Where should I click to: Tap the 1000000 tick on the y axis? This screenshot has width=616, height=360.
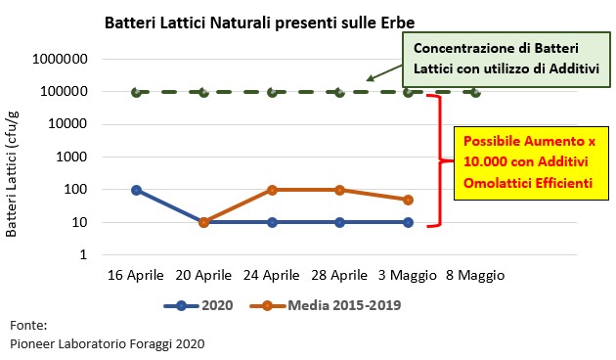63,59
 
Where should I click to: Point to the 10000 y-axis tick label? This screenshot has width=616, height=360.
69,124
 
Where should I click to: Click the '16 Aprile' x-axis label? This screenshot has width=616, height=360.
136,276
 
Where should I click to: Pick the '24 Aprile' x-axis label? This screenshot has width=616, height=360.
272,276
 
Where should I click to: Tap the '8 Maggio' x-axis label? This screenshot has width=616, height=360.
475,276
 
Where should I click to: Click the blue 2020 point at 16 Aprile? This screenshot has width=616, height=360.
136,190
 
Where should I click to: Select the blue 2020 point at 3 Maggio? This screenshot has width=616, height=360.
408,222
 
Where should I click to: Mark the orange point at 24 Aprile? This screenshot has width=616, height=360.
272,190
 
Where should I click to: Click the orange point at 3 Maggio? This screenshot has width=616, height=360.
408,200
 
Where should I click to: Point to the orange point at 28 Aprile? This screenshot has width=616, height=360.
339,190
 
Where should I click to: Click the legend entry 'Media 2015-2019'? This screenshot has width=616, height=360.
330,305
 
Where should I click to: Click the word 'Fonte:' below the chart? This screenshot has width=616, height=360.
28,324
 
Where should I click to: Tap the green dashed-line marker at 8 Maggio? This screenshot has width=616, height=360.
475,92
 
